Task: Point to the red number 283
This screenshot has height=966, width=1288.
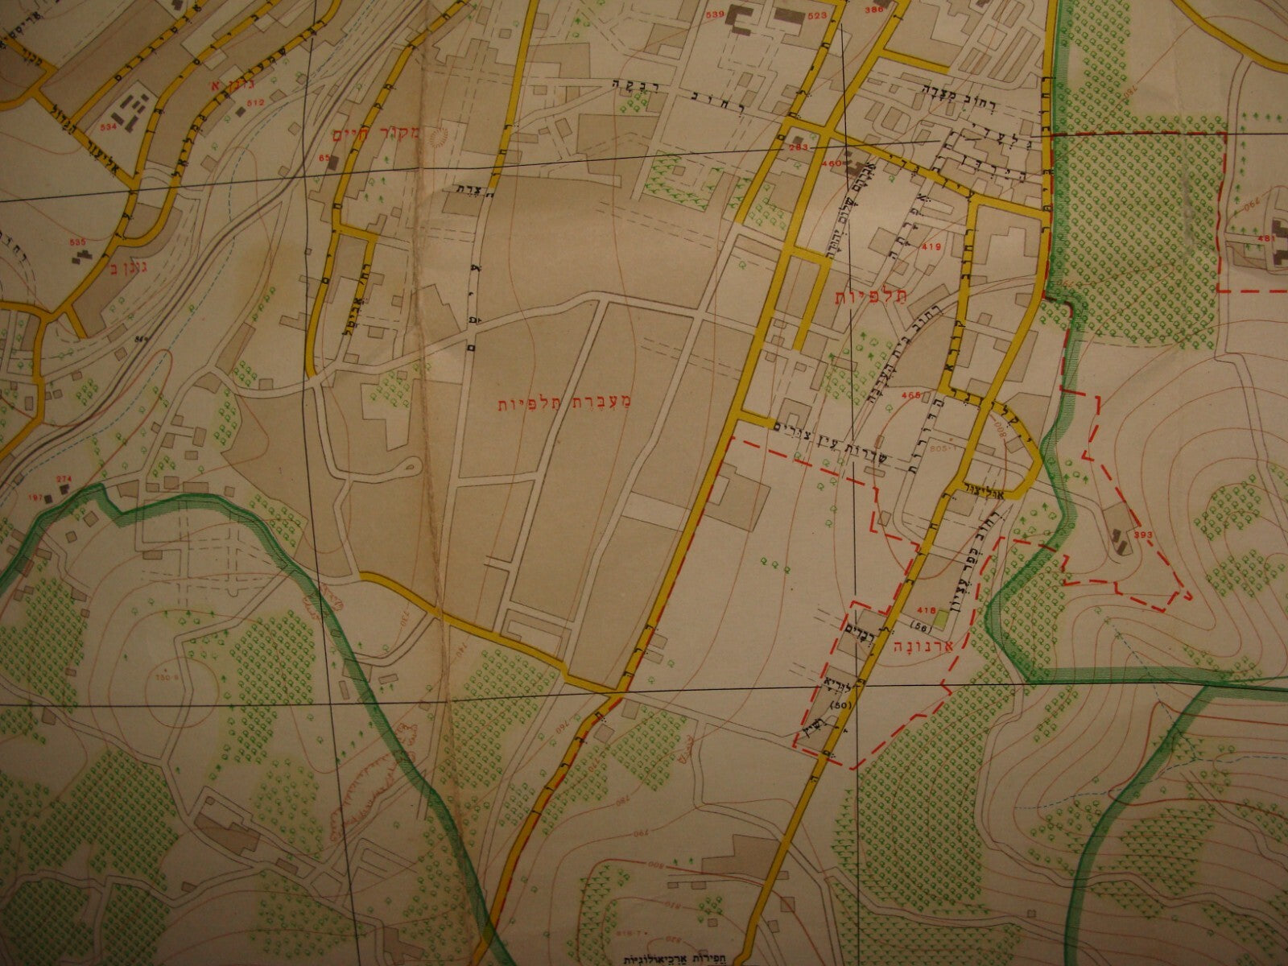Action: [x=799, y=148]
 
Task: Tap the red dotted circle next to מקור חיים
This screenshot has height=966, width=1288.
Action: [x=440, y=139]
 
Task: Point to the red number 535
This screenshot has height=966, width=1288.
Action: [x=76, y=242]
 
